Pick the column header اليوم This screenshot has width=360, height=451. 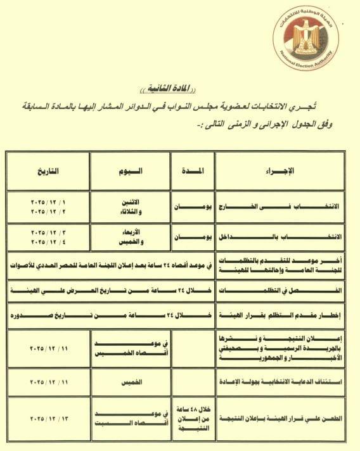click(130, 171)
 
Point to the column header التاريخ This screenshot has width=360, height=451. click(48, 171)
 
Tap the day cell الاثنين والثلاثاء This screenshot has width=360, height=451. click(130, 206)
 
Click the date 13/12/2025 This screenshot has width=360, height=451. click(48, 419)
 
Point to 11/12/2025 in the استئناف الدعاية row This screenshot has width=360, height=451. click(48, 383)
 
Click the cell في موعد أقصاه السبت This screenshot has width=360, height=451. click(130, 419)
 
